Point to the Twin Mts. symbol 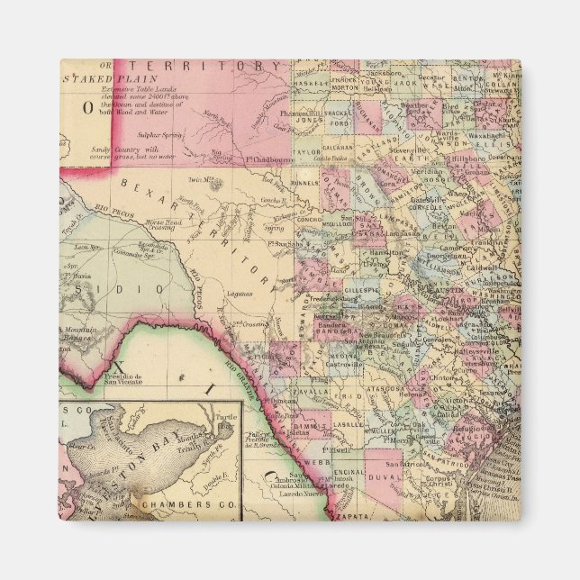tap(213, 181)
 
